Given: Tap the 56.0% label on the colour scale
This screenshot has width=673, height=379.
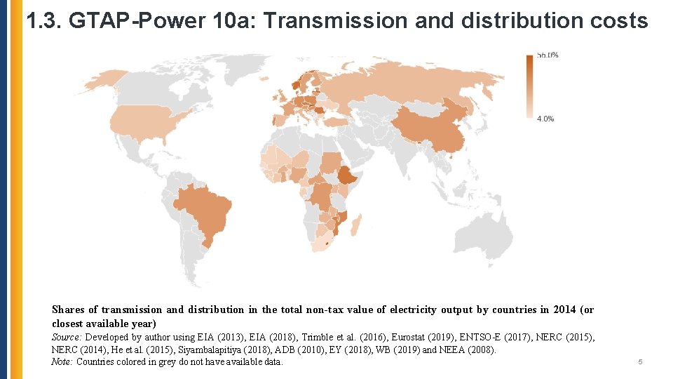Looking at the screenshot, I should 547,55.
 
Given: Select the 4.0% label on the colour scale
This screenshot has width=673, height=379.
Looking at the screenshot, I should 545,119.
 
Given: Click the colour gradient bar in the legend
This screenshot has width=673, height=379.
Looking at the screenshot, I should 529,86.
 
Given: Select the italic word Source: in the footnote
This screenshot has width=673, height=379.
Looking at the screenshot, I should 67,338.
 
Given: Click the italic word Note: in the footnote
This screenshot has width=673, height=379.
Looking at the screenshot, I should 62,362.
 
